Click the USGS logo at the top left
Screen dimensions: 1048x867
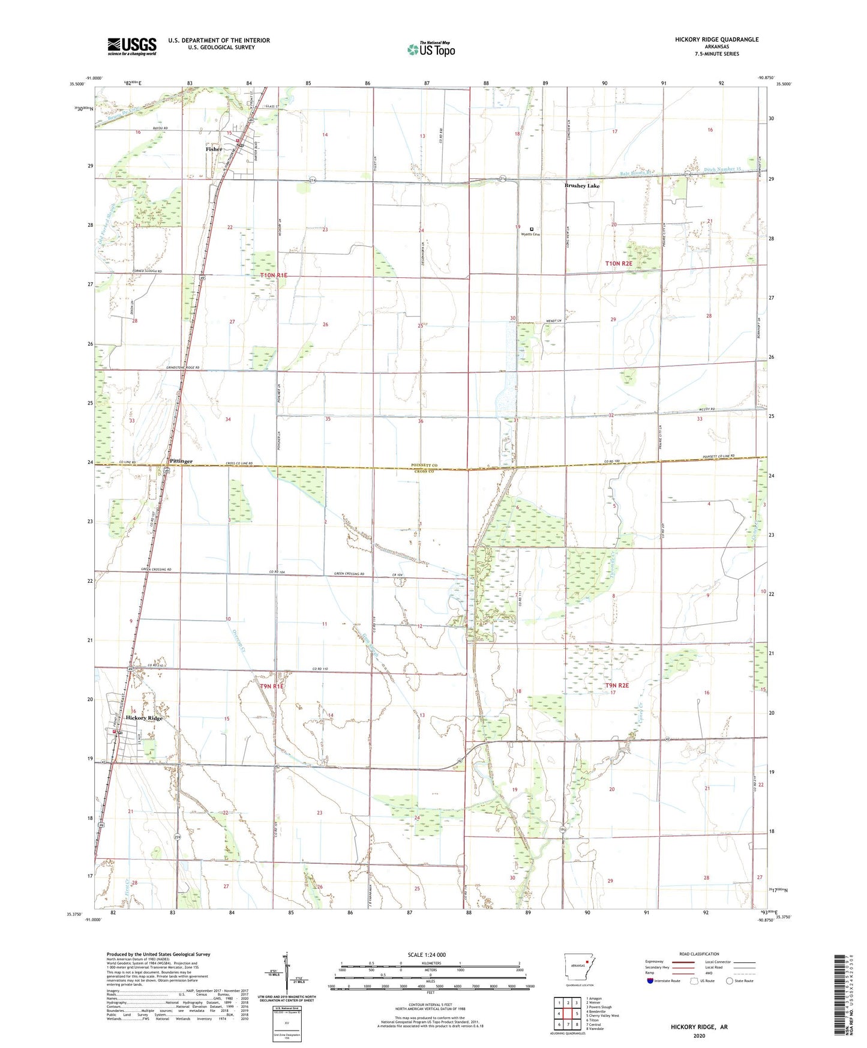point(131,46)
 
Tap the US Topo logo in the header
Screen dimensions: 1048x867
point(431,49)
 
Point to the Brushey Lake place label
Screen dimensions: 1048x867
point(581,186)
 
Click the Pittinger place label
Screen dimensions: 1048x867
point(181,461)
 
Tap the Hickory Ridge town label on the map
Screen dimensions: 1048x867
point(144,718)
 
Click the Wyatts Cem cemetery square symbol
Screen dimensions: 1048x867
point(532,229)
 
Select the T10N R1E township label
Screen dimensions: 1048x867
point(274,275)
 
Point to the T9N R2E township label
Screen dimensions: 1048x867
point(617,685)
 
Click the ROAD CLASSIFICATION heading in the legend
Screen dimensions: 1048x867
point(699,954)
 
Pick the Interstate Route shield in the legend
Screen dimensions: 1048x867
point(652,981)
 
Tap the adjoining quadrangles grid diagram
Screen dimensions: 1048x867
point(568,1014)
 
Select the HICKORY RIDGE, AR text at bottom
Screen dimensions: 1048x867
point(699,1027)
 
